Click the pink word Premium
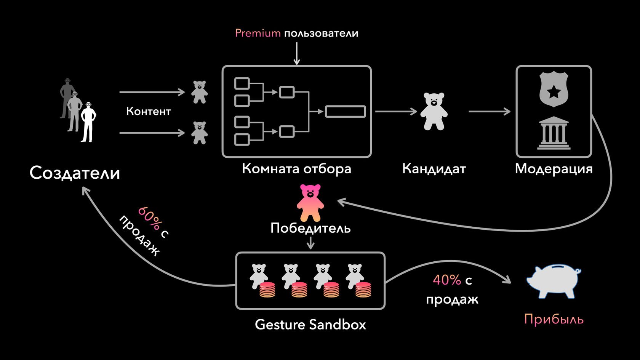(x=258, y=33)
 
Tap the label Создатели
(x=75, y=173)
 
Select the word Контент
(x=148, y=111)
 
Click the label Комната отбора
(x=296, y=168)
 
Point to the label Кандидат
(x=434, y=168)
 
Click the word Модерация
(x=554, y=168)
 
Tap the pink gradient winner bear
(x=310, y=203)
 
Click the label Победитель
(x=310, y=228)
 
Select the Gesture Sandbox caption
(x=310, y=325)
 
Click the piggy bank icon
(x=553, y=281)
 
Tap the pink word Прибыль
(x=554, y=319)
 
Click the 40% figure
(x=447, y=280)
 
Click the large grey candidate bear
(x=434, y=111)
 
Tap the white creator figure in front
(x=88, y=122)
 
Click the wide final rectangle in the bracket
(x=345, y=111)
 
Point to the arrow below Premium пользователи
(x=297, y=53)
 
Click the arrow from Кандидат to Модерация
(x=489, y=112)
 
